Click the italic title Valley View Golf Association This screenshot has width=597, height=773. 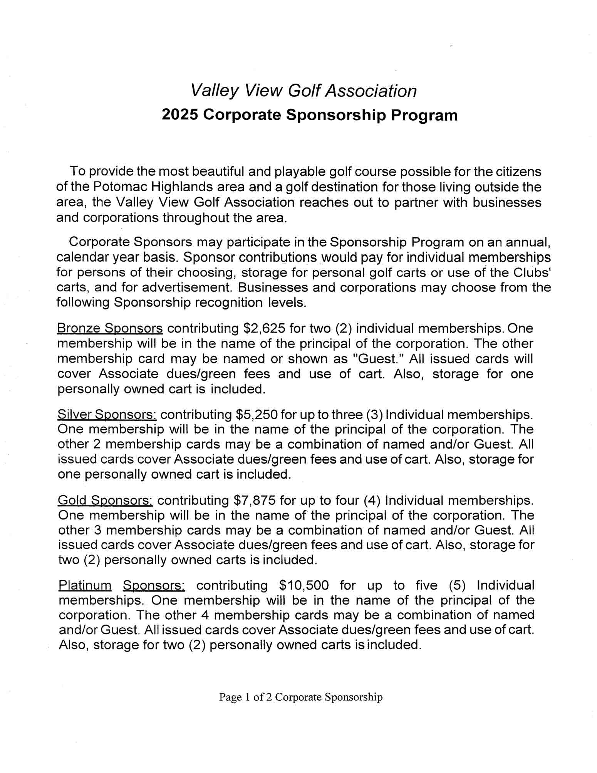point(304,91)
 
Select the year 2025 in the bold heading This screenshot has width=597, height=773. point(180,115)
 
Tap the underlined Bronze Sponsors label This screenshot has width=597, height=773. point(110,328)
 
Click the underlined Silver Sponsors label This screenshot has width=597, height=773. point(107,414)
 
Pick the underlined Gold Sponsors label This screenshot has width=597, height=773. point(105,500)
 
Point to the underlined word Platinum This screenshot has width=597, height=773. point(85,585)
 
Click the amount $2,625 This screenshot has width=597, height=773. point(265,328)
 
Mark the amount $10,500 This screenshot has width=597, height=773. point(304,585)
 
